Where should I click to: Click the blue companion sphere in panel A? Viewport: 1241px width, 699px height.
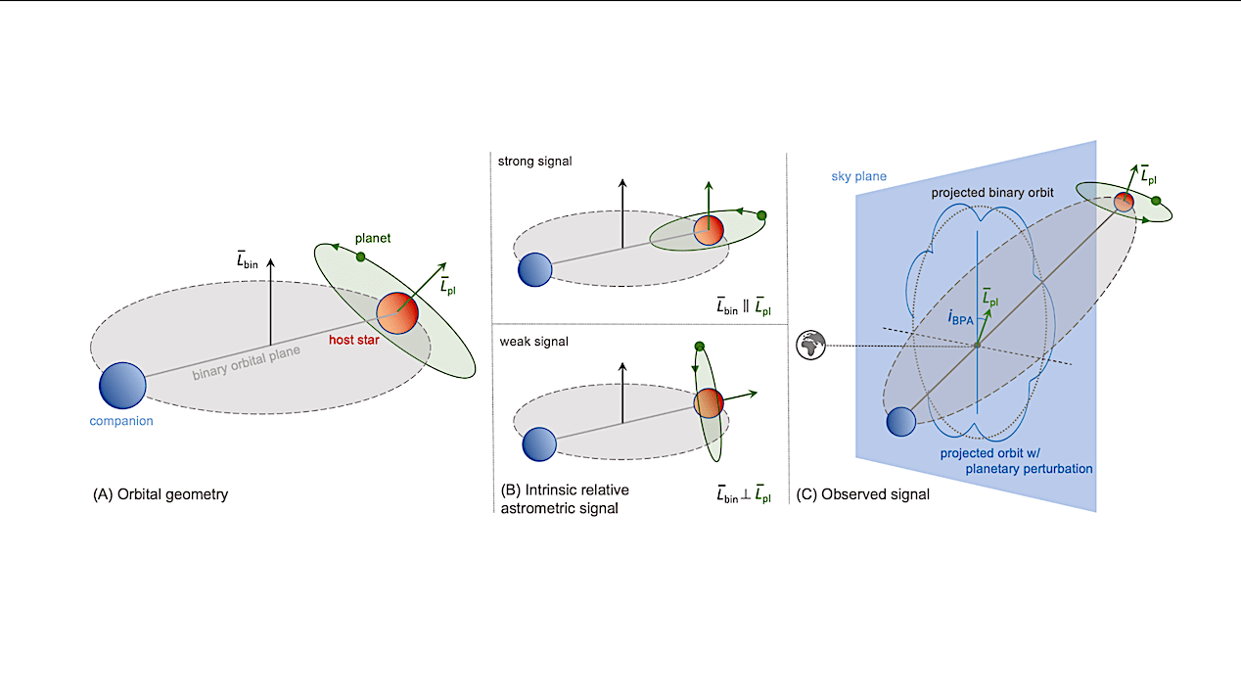122,386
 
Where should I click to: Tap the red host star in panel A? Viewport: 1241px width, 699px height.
397,313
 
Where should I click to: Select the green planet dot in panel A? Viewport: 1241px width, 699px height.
361,256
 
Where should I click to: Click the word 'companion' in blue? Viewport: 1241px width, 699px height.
121,421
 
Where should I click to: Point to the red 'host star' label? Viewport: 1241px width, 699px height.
354,340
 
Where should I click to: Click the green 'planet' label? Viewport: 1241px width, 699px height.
373,238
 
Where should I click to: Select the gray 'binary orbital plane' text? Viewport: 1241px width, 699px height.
246,363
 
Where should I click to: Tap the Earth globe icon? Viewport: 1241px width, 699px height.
811,346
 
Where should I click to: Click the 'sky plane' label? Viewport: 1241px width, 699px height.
858,176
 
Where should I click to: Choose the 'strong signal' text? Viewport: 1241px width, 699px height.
534,162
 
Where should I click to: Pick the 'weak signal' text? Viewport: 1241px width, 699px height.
534,342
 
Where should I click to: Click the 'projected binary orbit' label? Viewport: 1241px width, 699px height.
992,193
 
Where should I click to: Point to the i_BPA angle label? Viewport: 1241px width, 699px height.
961,318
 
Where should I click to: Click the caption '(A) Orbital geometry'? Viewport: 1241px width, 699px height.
161,494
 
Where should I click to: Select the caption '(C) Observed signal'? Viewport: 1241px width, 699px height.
862,494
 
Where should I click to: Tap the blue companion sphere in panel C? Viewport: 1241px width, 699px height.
900,422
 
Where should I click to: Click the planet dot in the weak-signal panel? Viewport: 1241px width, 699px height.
699,347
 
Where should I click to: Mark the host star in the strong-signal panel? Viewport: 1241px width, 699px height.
709,230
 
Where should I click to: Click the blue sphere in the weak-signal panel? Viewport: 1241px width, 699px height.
539,444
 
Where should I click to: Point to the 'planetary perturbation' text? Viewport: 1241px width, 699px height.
1029,469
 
